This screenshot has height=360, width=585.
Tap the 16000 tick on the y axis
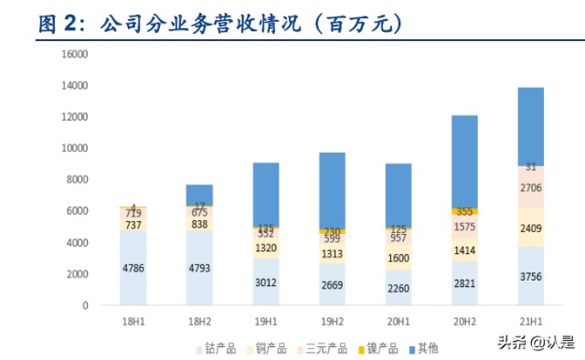click(74, 54)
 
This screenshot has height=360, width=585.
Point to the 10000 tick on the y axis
click(74, 148)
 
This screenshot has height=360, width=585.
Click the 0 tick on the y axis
click(84, 305)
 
